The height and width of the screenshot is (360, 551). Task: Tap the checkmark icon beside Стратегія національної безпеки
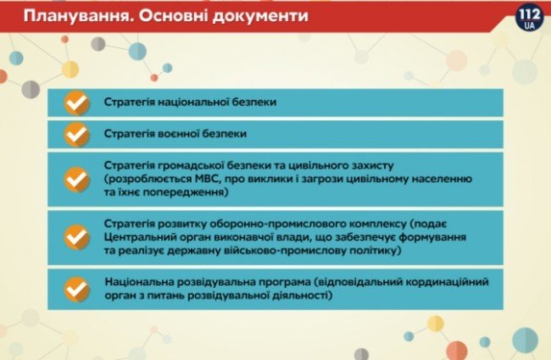click(77, 103)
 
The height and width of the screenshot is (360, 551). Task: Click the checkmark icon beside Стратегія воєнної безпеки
click(77, 134)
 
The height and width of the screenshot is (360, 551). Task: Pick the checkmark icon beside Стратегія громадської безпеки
click(77, 180)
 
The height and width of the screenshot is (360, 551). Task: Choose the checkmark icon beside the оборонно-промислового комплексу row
click(77, 236)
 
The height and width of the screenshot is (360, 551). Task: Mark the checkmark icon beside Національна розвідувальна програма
click(77, 288)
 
